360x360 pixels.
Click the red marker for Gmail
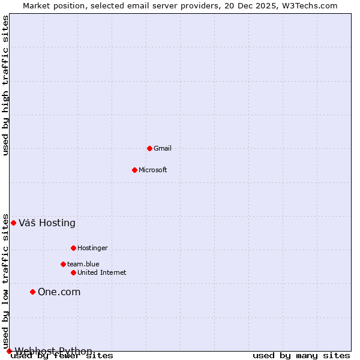point(149,148)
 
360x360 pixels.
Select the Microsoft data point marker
point(134,170)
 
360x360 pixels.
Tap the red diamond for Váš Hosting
point(13,223)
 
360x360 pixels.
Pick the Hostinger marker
point(73,248)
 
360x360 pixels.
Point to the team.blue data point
point(63,264)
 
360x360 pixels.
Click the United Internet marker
point(73,272)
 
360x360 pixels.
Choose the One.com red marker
point(32,292)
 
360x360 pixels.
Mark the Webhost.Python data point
point(9,351)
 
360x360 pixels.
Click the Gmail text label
point(163,148)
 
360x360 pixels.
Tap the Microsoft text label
point(152,170)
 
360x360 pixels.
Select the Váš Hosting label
point(47,223)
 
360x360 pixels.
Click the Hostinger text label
point(92,248)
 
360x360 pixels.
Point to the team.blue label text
point(83,264)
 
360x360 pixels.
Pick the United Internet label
point(101,272)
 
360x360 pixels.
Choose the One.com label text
point(59,292)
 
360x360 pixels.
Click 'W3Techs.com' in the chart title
point(311,6)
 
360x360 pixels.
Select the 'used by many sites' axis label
point(301,356)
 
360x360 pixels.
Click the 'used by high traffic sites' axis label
point(6,85)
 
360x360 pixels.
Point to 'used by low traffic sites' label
point(6,281)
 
